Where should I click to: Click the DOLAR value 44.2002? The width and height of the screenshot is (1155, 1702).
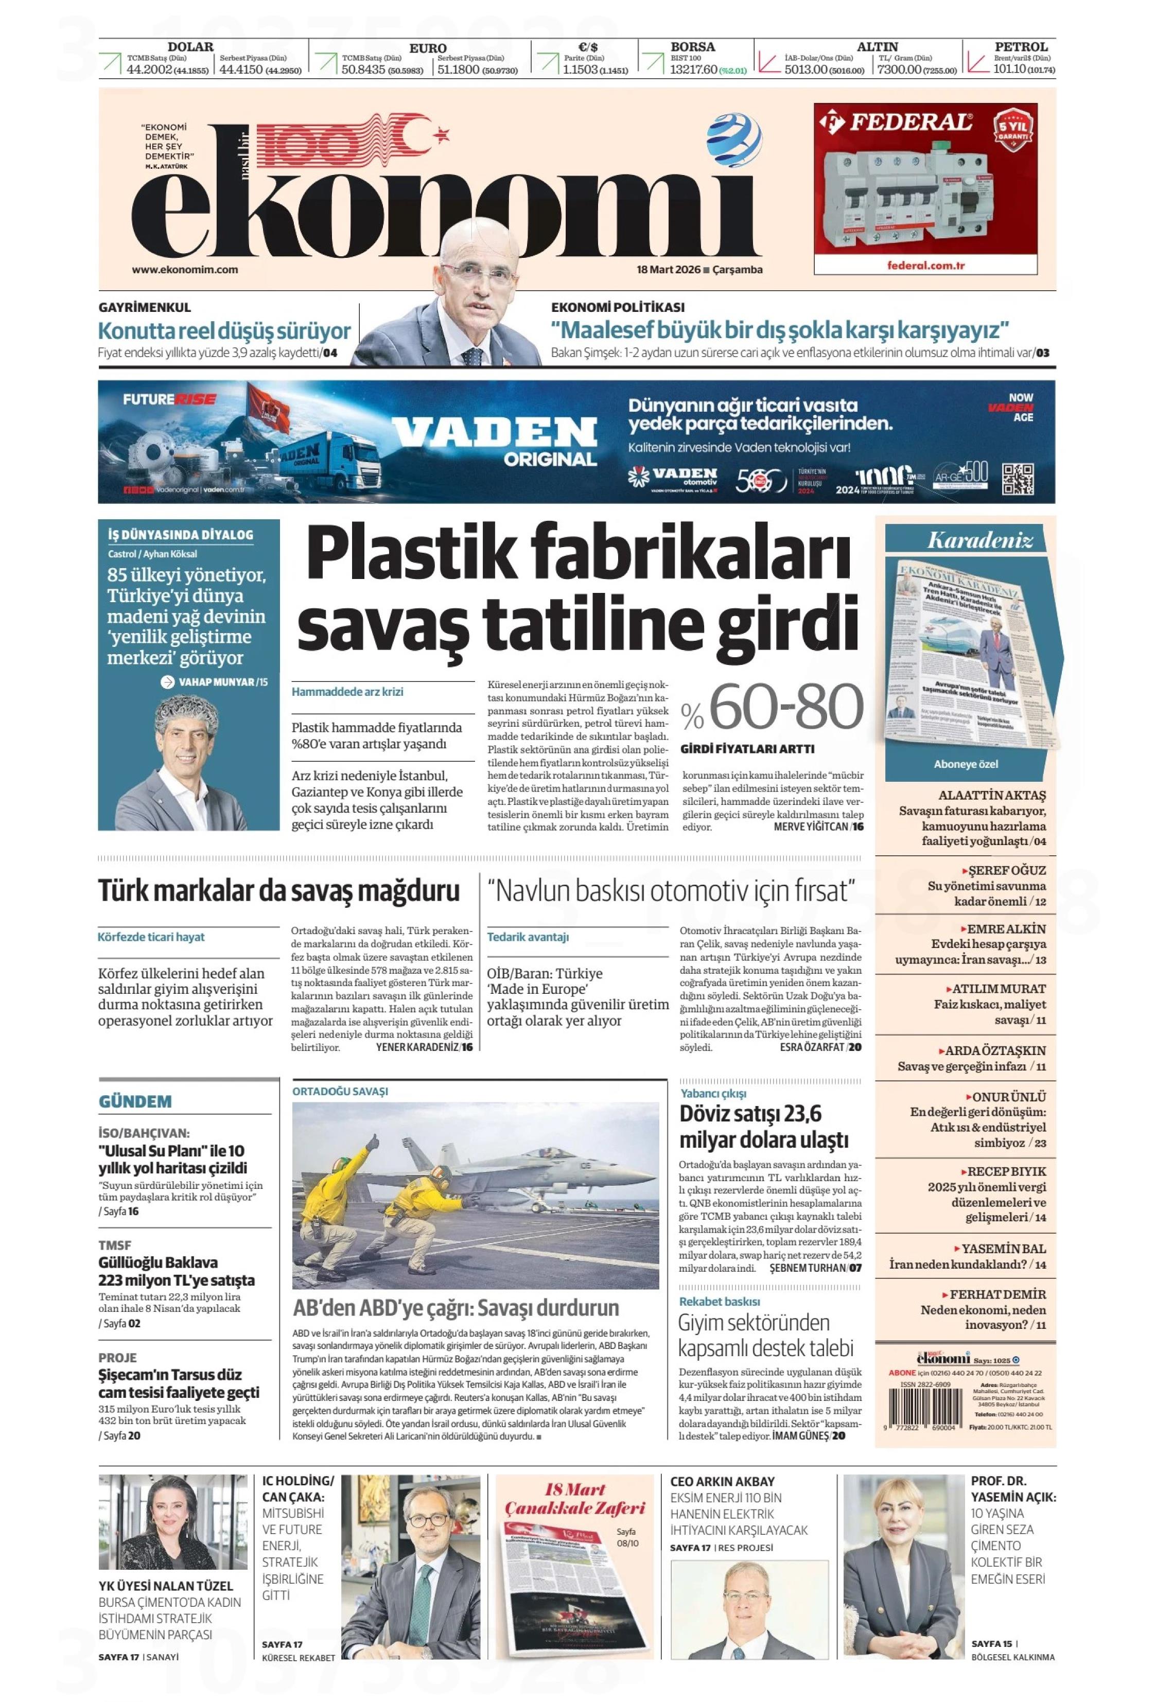(x=149, y=71)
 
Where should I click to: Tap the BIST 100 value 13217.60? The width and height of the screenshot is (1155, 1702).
(x=693, y=71)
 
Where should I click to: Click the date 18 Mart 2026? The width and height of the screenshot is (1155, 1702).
(x=669, y=270)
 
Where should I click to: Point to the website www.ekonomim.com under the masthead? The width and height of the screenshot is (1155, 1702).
(x=185, y=270)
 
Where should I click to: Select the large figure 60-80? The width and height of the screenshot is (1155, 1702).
(x=786, y=707)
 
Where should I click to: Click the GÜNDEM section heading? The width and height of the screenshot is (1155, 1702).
(x=135, y=1101)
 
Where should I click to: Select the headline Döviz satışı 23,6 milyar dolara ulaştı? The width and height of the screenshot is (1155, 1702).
(x=763, y=1127)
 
